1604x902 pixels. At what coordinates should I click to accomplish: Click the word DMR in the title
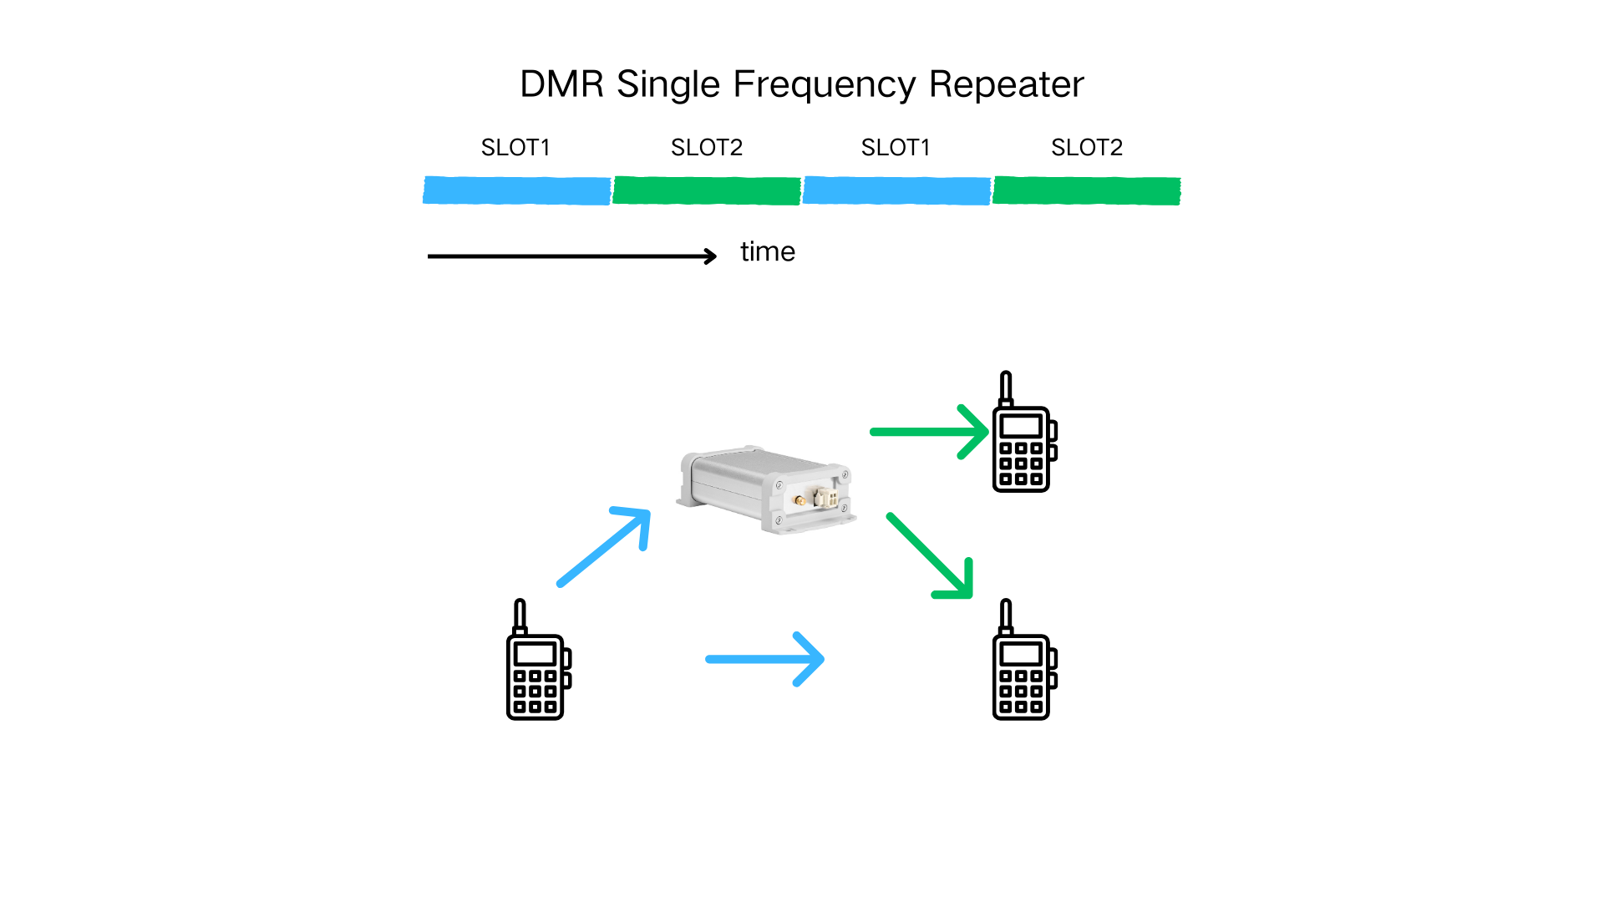[561, 84]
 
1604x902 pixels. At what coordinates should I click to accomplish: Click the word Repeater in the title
[1006, 84]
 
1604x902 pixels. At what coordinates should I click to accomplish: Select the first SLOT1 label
[515, 148]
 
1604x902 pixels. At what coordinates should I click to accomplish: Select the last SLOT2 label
[1086, 148]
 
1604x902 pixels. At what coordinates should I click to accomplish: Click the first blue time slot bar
[516, 190]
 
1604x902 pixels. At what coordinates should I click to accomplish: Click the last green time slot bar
[1086, 190]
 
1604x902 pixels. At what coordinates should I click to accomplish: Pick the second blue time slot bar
[896, 190]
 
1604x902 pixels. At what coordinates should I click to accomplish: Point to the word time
[767, 252]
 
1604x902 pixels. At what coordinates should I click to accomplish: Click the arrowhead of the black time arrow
[711, 256]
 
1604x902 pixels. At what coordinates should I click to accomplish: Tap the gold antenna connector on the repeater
[800, 501]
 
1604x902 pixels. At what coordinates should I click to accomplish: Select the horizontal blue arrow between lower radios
[764, 659]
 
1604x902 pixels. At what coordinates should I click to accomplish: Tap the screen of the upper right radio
[1020, 426]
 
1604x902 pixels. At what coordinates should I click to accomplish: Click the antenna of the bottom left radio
[520, 616]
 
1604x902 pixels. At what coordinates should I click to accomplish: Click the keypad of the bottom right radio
[1020, 692]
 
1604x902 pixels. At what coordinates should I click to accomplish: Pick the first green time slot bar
[707, 190]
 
